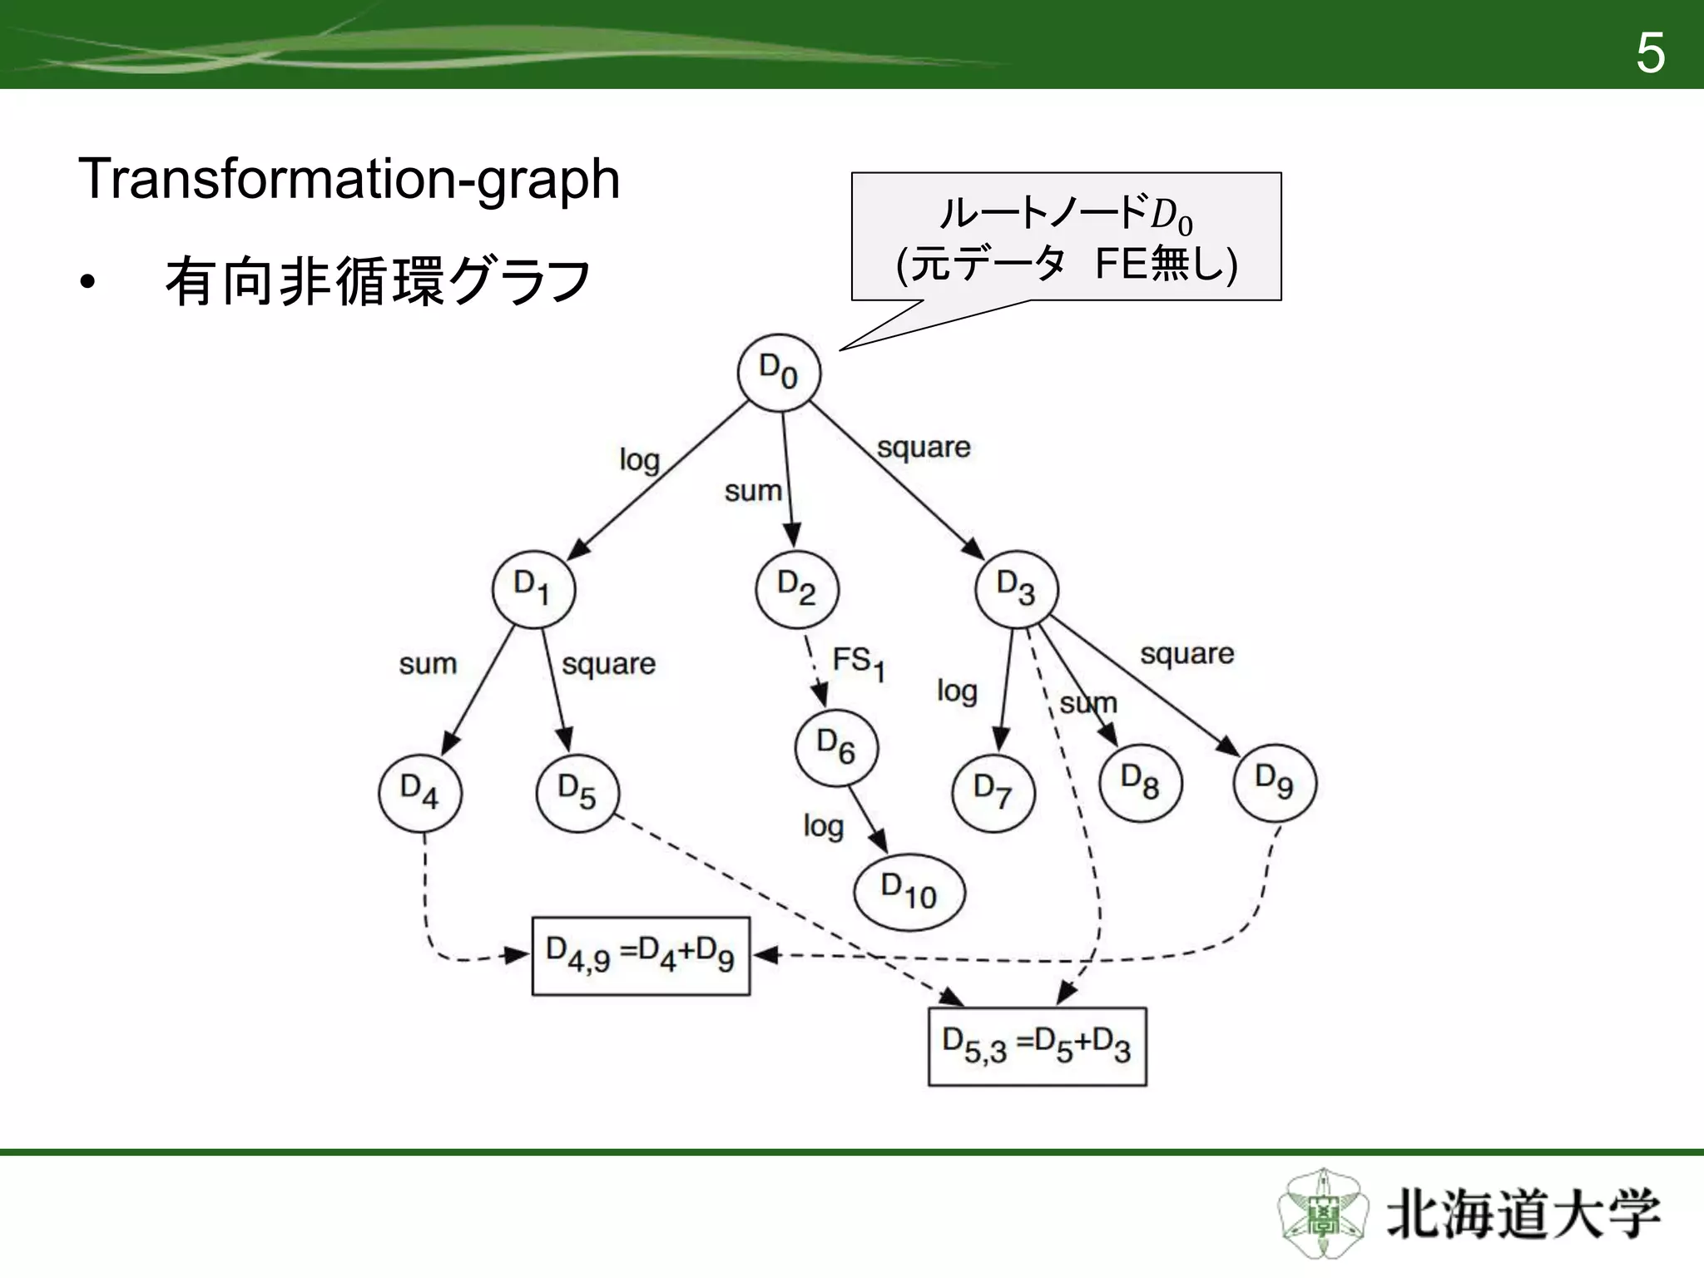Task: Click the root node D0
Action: click(x=779, y=372)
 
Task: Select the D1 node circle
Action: click(x=533, y=588)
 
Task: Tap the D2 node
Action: click(x=797, y=588)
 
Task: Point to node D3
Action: click(x=1016, y=588)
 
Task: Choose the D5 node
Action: click(x=577, y=791)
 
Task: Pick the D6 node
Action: click(x=836, y=746)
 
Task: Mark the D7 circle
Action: click(x=993, y=791)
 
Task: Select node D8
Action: click(x=1140, y=782)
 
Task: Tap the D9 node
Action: click(x=1275, y=782)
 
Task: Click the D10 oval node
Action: click(x=909, y=892)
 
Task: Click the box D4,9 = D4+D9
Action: click(x=641, y=956)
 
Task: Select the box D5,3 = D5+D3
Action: click(x=1037, y=1047)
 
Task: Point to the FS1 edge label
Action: click(x=859, y=664)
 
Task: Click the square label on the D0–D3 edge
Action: click(x=924, y=448)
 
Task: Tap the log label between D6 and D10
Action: click(x=823, y=826)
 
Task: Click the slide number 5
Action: click(x=1651, y=53)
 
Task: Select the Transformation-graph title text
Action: click(x=349, y=179)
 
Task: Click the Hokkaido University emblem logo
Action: click(x=1321, y=1214)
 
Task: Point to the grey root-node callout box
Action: click(x=1066, y=236)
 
